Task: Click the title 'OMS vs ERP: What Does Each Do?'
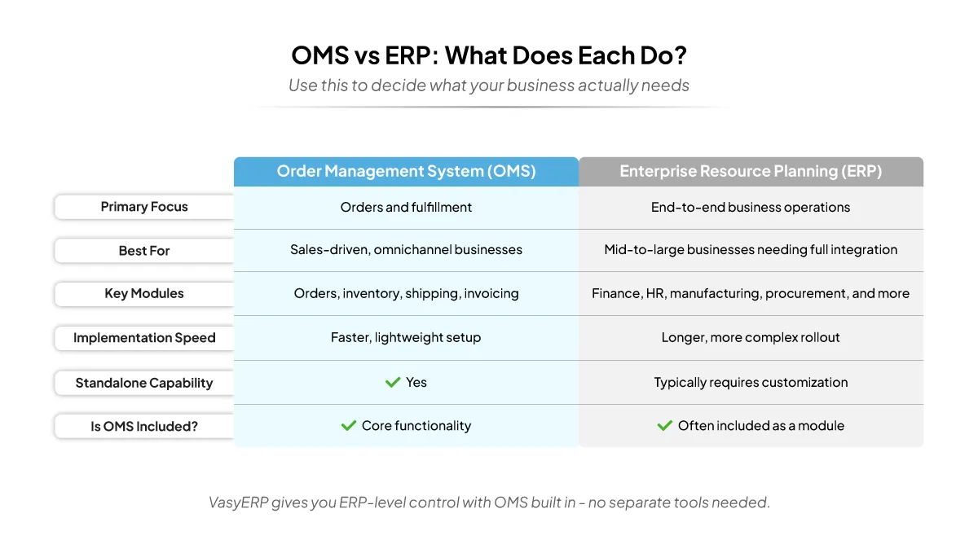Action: point(488,55)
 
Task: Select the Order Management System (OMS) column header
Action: point(406,171)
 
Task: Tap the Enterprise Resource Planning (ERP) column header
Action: point(751,171)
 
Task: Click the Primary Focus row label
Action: point(144,207)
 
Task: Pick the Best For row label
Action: point(144,251)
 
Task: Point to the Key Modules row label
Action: point(144,294)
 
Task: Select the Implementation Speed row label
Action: point(144,338)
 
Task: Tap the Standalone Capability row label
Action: point(144,383)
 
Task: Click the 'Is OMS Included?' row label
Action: point(144,426)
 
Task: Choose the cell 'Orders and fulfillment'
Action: point(406,207)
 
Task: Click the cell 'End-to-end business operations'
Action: point(751,207)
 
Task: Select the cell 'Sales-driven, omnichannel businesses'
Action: point(406,250)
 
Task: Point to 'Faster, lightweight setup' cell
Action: point(406,337)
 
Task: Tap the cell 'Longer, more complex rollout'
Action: point(751,337)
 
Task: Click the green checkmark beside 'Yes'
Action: point(393,382)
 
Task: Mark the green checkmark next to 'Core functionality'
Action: point(349,425)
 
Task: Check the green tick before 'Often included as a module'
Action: point(665,425)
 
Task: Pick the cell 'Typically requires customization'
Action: point(751,382)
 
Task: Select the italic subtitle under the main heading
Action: point(488,86)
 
